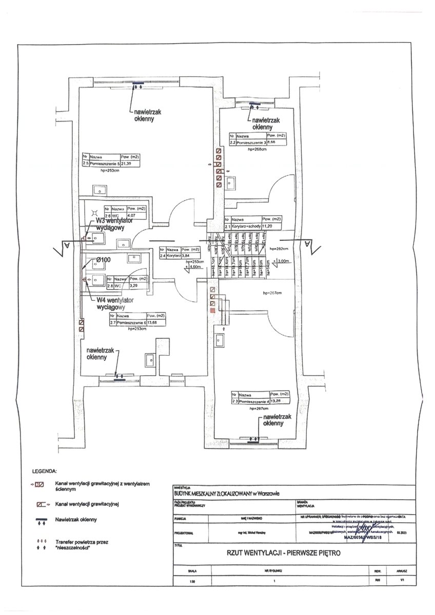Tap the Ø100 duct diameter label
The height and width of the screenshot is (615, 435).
click(104, 260)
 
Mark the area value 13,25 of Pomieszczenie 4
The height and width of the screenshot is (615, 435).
click(276, 401)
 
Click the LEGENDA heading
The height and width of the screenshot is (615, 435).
click(44, 470)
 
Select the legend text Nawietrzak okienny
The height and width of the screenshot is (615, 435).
click(75, 520)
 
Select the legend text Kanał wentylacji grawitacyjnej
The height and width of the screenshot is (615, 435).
click(87, 504)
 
